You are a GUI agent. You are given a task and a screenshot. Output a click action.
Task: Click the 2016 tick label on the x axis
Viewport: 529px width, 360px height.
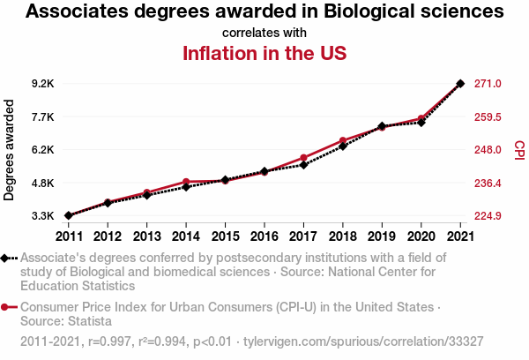[x=264, y=236]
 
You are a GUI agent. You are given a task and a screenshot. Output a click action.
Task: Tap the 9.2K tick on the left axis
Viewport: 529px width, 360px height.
[x=42, y=84]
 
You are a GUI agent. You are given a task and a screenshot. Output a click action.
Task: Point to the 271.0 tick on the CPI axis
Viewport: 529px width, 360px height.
[x=488, y=84]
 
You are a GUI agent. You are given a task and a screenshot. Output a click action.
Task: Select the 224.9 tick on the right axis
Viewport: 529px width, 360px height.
[x=488, y=216]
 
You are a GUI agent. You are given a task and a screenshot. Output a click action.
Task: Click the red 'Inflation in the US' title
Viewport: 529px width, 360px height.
[x=264, y=53]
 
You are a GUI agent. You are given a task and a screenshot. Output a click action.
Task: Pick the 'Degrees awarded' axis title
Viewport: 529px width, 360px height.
[x=10, y=150]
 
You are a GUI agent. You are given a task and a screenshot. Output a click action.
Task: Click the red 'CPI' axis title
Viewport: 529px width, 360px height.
[x=519, y=150]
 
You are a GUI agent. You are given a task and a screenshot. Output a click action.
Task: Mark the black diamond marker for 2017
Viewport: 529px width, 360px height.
[x=303, y=165]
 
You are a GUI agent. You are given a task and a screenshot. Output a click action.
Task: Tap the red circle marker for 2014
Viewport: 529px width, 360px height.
[x=186, y=182]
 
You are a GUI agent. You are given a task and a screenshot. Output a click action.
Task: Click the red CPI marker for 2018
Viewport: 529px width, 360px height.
[x=343, y=141]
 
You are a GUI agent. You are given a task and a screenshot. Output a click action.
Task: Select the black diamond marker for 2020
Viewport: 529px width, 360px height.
[x=421, y=123]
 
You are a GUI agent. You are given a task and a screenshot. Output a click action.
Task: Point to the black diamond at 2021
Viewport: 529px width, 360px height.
[x=460, y=84]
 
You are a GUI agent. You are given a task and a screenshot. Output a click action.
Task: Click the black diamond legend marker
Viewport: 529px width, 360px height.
[x=6, y=258]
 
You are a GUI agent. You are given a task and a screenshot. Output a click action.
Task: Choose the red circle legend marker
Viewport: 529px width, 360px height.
[x=6, y=307]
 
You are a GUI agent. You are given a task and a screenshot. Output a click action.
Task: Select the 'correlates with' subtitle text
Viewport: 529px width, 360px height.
[x=264, y=33]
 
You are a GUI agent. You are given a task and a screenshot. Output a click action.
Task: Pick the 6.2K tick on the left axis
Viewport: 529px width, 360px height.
[x=42, y=150]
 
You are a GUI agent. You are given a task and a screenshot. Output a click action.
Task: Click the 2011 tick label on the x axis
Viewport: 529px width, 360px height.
[x=68, y=236]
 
